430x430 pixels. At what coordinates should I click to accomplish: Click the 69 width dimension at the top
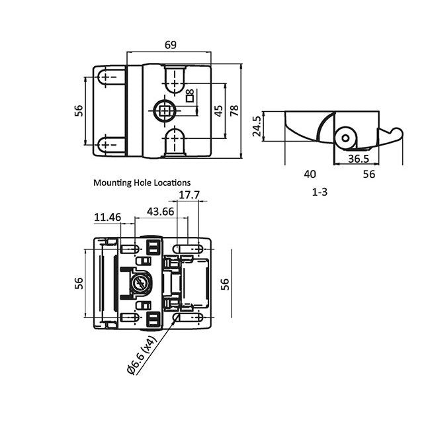click(x=170, y=45)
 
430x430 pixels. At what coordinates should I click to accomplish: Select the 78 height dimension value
click(x=233, y=110)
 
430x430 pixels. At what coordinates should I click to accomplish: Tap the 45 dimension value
click(x=218, y=110)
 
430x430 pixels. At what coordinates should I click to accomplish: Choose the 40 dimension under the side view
click(x=310, y=174)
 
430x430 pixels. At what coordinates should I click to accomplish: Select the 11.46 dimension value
click(x=107, y=216)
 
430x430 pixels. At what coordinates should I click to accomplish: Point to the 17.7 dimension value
click(x=189, y=195)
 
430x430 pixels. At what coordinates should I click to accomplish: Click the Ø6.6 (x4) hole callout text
click(x=141, y=356)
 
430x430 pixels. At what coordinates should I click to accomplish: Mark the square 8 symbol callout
click(x=190, y=96)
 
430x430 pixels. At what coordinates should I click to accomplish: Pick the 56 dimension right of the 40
click(x=368, y=174)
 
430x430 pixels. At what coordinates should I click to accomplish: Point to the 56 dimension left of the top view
click(x=77, y=111)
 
